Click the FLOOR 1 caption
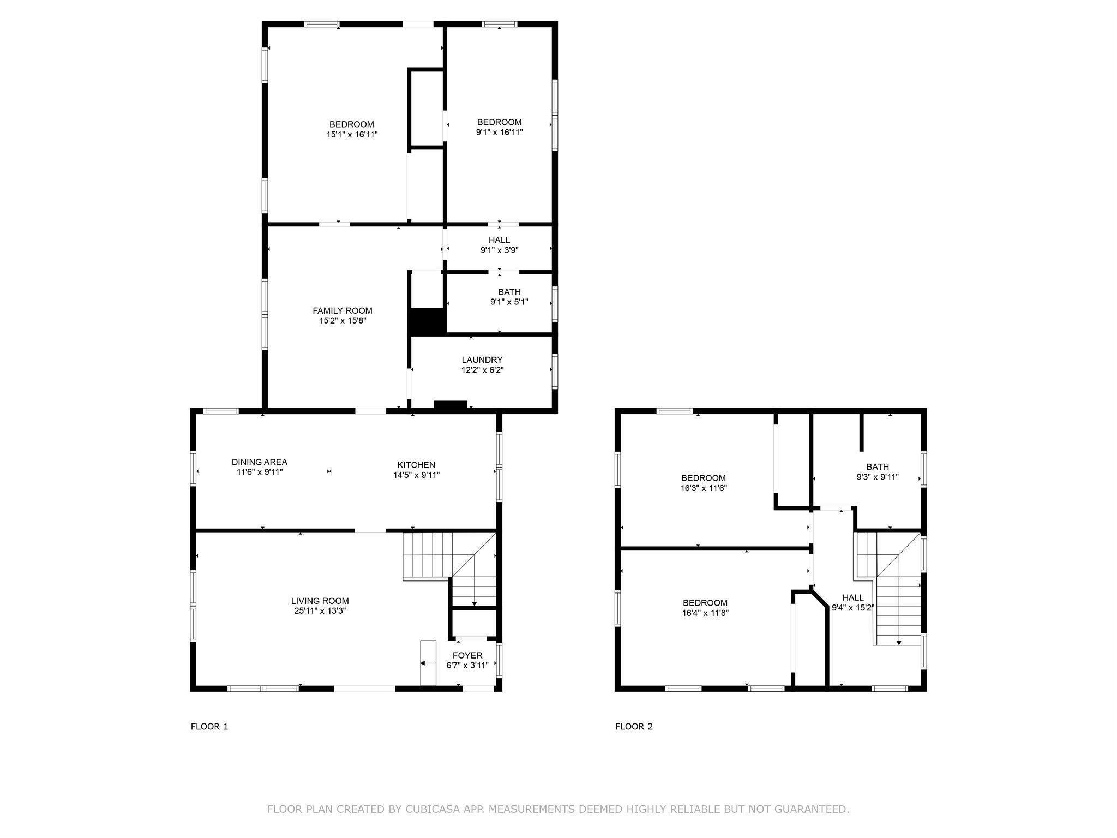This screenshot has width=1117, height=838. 209,726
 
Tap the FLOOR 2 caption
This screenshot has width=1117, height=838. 634,726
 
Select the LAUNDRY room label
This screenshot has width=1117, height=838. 482,360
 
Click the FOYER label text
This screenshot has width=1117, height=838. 467,655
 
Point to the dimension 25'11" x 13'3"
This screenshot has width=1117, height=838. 320,611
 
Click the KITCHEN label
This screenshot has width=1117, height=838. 416,465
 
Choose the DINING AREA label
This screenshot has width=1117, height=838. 259,462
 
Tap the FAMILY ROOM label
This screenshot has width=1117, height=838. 343,310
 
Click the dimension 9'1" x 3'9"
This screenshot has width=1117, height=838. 499,250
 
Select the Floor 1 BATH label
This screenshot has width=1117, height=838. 509,292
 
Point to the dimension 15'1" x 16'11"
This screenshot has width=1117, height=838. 352,134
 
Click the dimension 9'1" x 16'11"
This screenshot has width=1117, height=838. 499,132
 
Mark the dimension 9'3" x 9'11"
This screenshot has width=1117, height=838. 877,477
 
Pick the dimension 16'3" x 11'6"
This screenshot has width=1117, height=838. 704,488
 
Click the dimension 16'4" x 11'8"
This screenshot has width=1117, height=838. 705,613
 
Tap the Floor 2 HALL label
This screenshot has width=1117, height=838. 852,597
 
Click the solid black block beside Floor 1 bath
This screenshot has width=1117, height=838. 427,321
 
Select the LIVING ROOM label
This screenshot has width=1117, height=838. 320,601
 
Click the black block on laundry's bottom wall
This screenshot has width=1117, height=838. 451,405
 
